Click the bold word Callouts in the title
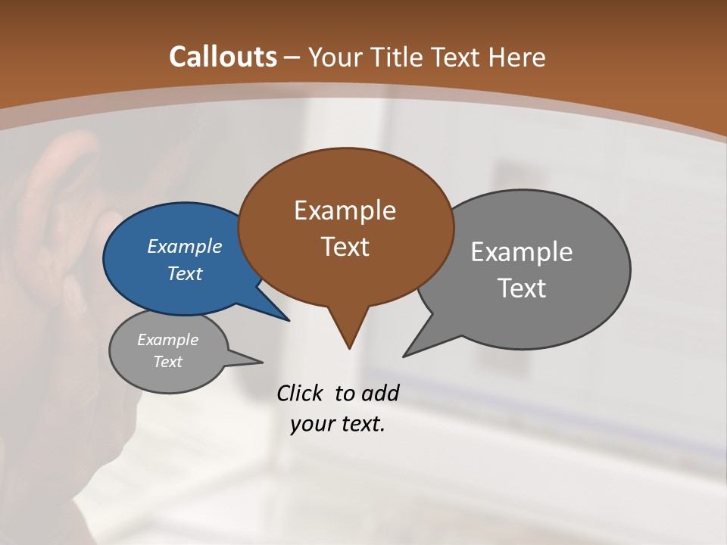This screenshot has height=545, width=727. [x=223, y=57]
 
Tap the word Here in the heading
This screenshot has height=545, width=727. [x=516, y=57]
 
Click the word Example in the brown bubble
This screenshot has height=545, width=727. [x=345, y=210]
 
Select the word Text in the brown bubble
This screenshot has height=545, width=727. [x=345, y=246]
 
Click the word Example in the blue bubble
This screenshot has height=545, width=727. [x=184, y=246]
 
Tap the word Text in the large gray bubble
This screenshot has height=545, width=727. [x=522, y=288]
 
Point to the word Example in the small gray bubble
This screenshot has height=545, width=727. [x=167, y=340]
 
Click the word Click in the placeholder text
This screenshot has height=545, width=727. [x=301, y=393]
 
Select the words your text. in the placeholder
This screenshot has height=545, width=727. [x=337, y=425]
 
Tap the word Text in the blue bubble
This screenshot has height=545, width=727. [x=184, y=273]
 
